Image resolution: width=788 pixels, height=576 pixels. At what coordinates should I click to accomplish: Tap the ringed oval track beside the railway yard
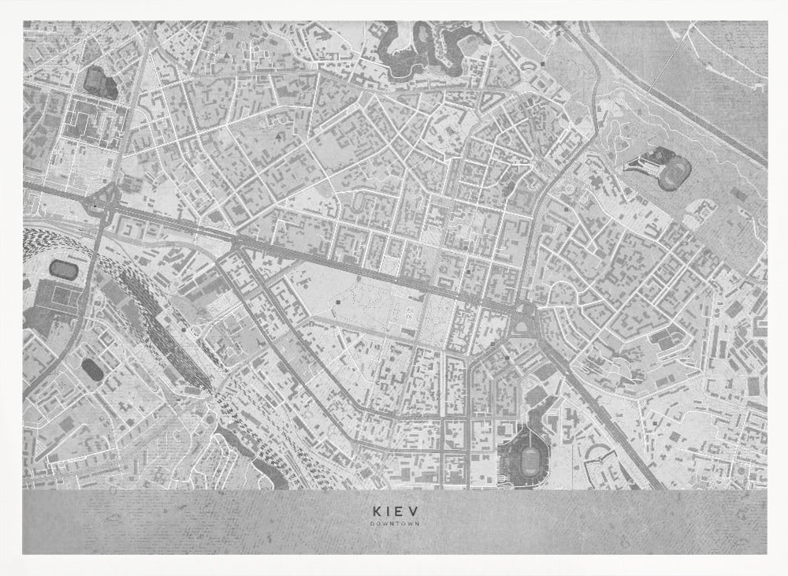click(x=61, y=269)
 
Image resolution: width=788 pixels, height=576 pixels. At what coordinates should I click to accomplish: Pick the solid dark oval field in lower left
click(x=91, y=368)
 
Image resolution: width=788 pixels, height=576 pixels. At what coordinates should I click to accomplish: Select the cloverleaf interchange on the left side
click(x=105, y=203)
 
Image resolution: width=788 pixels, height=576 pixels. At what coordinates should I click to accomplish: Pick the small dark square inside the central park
click(x=339, y=301)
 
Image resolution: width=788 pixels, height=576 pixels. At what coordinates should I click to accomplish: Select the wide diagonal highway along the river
click(x=670, y=95)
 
